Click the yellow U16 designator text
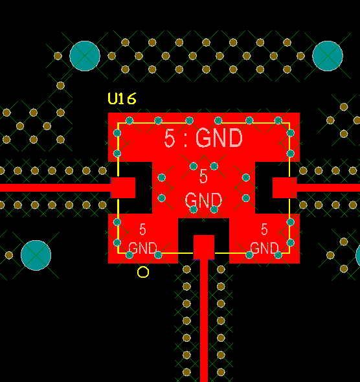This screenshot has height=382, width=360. pos(122,98)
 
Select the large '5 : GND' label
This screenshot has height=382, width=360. pos(203,138)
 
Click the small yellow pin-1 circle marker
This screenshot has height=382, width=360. pos(143,272)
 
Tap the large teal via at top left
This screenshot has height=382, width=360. pos(85,56)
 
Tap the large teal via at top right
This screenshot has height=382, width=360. pos(328,56)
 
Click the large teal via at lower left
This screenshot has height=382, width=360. pos(36,255)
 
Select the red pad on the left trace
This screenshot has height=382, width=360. pos(123,188)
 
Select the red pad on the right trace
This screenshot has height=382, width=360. pos(284,188)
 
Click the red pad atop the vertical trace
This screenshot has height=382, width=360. pos(204,247)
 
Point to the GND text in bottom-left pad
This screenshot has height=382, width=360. pos(142,248)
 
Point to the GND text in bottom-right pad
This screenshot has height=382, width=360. pos(264,248)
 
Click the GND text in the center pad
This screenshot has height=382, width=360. pos(203,200)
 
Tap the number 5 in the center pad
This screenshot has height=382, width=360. pos(203,176)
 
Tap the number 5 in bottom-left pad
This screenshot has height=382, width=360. pos(142,229)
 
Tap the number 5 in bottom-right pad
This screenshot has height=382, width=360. pos(264,229)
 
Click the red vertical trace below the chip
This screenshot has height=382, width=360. pos(204,320)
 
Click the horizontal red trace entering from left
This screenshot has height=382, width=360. pos(56,188)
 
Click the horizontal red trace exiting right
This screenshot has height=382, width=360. pos(328,188)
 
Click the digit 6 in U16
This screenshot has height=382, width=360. pos(131,99)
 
